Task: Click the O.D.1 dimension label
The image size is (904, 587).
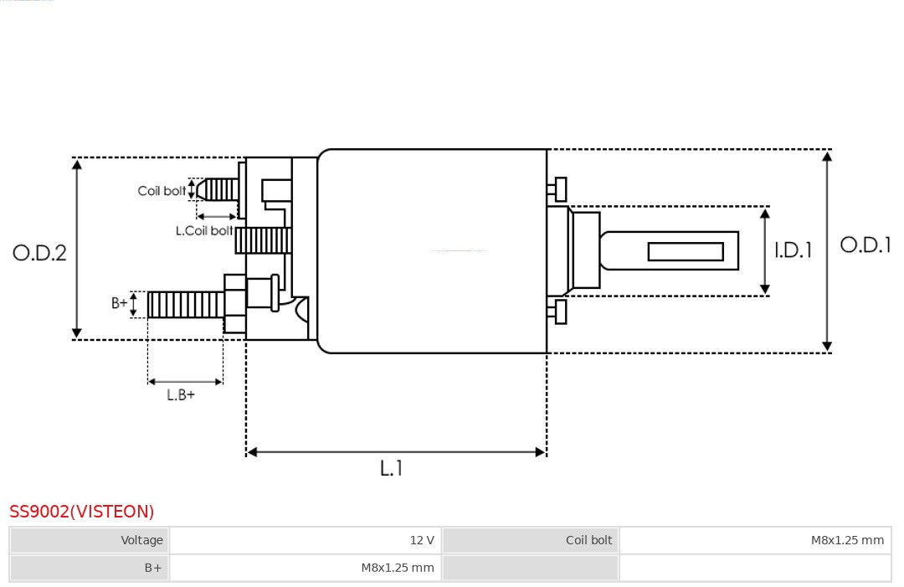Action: (x=865, y=245)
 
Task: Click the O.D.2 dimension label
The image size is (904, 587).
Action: (x=39, y=253)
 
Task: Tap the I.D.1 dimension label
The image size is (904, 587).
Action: (x=793, y=250)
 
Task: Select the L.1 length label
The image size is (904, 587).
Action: (x=391, y=467)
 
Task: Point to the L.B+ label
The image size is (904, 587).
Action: (x=181, y=395)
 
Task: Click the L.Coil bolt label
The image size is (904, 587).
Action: (x=204, y=230)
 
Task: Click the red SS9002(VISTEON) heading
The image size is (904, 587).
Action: (x=82, y=512)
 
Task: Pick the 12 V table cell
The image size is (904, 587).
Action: (x=306, y=540)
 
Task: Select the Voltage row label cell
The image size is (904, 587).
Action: (x=90, y=540)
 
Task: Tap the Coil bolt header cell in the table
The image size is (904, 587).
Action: (x=531, y=540)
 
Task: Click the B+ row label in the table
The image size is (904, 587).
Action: (x=90, y=568)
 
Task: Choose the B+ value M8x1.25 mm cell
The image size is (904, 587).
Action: (x=306, y=568)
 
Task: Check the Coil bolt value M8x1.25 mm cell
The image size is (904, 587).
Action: (x=755, y=540)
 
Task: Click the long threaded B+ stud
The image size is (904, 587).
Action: (x=186, y=305)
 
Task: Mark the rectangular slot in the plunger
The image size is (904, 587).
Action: (x=686, y=251)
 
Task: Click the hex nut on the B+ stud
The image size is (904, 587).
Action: (x=234, y=304)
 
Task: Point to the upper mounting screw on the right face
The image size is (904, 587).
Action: (x=557, y=189)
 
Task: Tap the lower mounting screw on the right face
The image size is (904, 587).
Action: (x=557, y=312)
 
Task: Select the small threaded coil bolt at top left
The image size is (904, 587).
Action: (x=218, y=190)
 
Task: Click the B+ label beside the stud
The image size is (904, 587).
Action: (x=119, y=303)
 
